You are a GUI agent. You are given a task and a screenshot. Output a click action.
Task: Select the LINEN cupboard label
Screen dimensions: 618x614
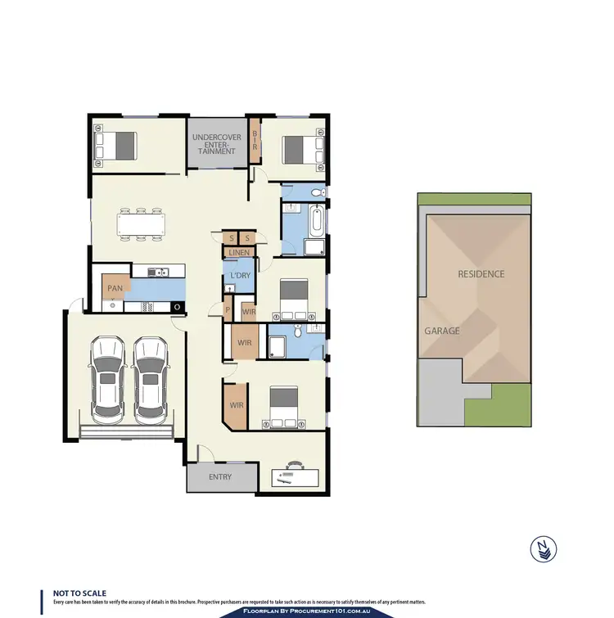pos(239,252)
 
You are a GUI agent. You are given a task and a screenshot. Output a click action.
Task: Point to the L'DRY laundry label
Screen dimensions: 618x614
pos(240,276)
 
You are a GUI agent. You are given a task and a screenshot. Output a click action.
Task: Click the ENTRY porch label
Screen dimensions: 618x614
pos(220,476)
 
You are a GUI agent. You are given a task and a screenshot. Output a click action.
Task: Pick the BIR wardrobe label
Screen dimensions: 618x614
pos(255,141)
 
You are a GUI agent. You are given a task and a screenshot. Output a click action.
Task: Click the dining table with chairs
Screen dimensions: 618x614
pos(142,223)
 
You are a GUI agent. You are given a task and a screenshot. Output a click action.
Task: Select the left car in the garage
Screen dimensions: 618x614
pos(109,377)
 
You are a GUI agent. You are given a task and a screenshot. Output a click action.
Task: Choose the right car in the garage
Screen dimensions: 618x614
pos(151,377)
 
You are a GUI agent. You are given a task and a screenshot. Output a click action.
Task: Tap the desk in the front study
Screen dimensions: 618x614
pos(292,476)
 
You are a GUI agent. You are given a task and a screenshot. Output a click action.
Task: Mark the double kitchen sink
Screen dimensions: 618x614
pos(157,273)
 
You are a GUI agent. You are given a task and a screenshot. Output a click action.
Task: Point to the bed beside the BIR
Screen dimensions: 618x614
pos(300,149)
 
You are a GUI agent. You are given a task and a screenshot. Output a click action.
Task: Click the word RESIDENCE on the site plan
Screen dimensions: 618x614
pos(481,273)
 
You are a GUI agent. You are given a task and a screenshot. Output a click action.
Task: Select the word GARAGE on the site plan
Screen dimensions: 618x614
pos(441,332)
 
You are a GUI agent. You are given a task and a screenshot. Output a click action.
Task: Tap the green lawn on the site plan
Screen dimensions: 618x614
pos(499,403)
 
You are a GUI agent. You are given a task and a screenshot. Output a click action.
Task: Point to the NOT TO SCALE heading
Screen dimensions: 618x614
pos(79,593)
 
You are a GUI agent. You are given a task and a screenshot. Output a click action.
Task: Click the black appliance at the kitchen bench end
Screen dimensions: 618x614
pos(178,307)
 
